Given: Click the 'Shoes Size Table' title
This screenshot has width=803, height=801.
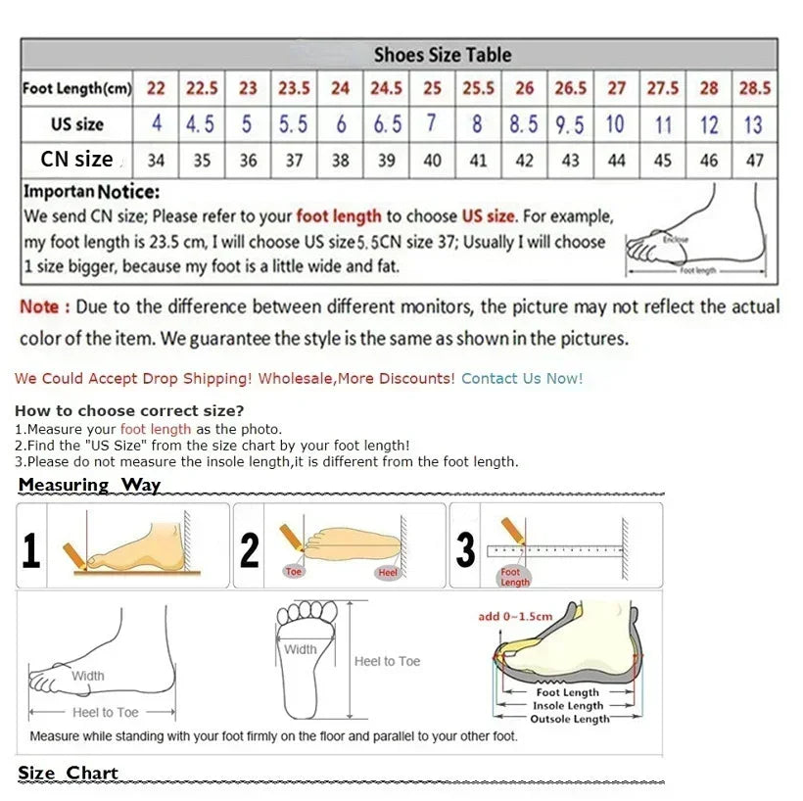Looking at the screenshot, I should tap(442, 55).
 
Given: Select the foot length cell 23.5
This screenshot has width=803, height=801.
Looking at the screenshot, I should tap(294, 88).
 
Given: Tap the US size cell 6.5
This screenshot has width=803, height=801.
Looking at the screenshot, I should tap(387, 124).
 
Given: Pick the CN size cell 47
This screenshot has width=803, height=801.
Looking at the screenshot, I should tap(754, 161).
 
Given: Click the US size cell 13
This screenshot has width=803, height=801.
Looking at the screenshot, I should tap(753, 124).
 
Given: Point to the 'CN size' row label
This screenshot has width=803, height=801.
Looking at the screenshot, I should tap(76, 159).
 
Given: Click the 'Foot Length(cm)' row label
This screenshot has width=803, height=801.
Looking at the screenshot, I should tap(76, 89).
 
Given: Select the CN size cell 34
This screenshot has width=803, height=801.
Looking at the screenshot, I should tap(156, 161).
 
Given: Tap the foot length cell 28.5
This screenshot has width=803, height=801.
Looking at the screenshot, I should tap(754, 88).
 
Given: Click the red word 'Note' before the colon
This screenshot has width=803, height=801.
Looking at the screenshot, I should tap(39, 306).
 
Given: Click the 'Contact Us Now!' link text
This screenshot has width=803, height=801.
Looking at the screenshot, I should tap(522, 378).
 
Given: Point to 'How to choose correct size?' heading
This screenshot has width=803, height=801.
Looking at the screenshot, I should tap(129, 410).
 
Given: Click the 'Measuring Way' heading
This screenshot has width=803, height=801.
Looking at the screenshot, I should tap(89, 485).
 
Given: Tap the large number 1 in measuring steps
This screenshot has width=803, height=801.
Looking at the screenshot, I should tap(31, 550).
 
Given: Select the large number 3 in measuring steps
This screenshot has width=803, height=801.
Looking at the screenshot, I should tap(465, 550).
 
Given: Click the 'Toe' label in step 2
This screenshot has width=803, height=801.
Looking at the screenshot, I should tap(294, 571).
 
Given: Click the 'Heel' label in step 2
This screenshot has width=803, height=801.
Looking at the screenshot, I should tap(388, 572).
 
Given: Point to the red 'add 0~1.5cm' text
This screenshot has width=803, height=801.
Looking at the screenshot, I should tap(515, 616).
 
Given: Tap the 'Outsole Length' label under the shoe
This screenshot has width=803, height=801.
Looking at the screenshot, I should tap(569, 719).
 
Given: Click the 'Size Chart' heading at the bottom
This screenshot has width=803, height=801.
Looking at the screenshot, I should tap(68, 773).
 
